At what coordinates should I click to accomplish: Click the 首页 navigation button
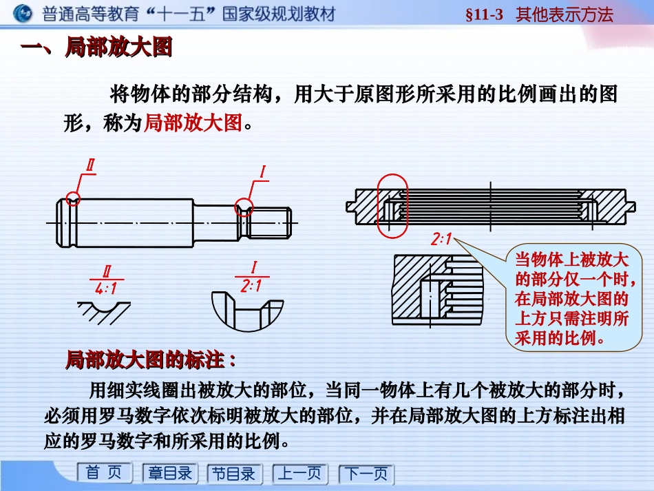[104, 473]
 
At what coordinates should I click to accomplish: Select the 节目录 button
[233, 474]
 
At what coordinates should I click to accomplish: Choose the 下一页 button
[366, 474]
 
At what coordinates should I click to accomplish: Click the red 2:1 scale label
[441, 240]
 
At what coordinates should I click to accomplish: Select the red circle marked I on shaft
[244, 205]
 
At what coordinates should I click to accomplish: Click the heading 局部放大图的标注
[150, 359]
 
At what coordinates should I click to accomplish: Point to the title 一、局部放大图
[96, 48]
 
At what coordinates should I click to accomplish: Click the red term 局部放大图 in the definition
[193, 123]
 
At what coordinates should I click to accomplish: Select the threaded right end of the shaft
[271, 222]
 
